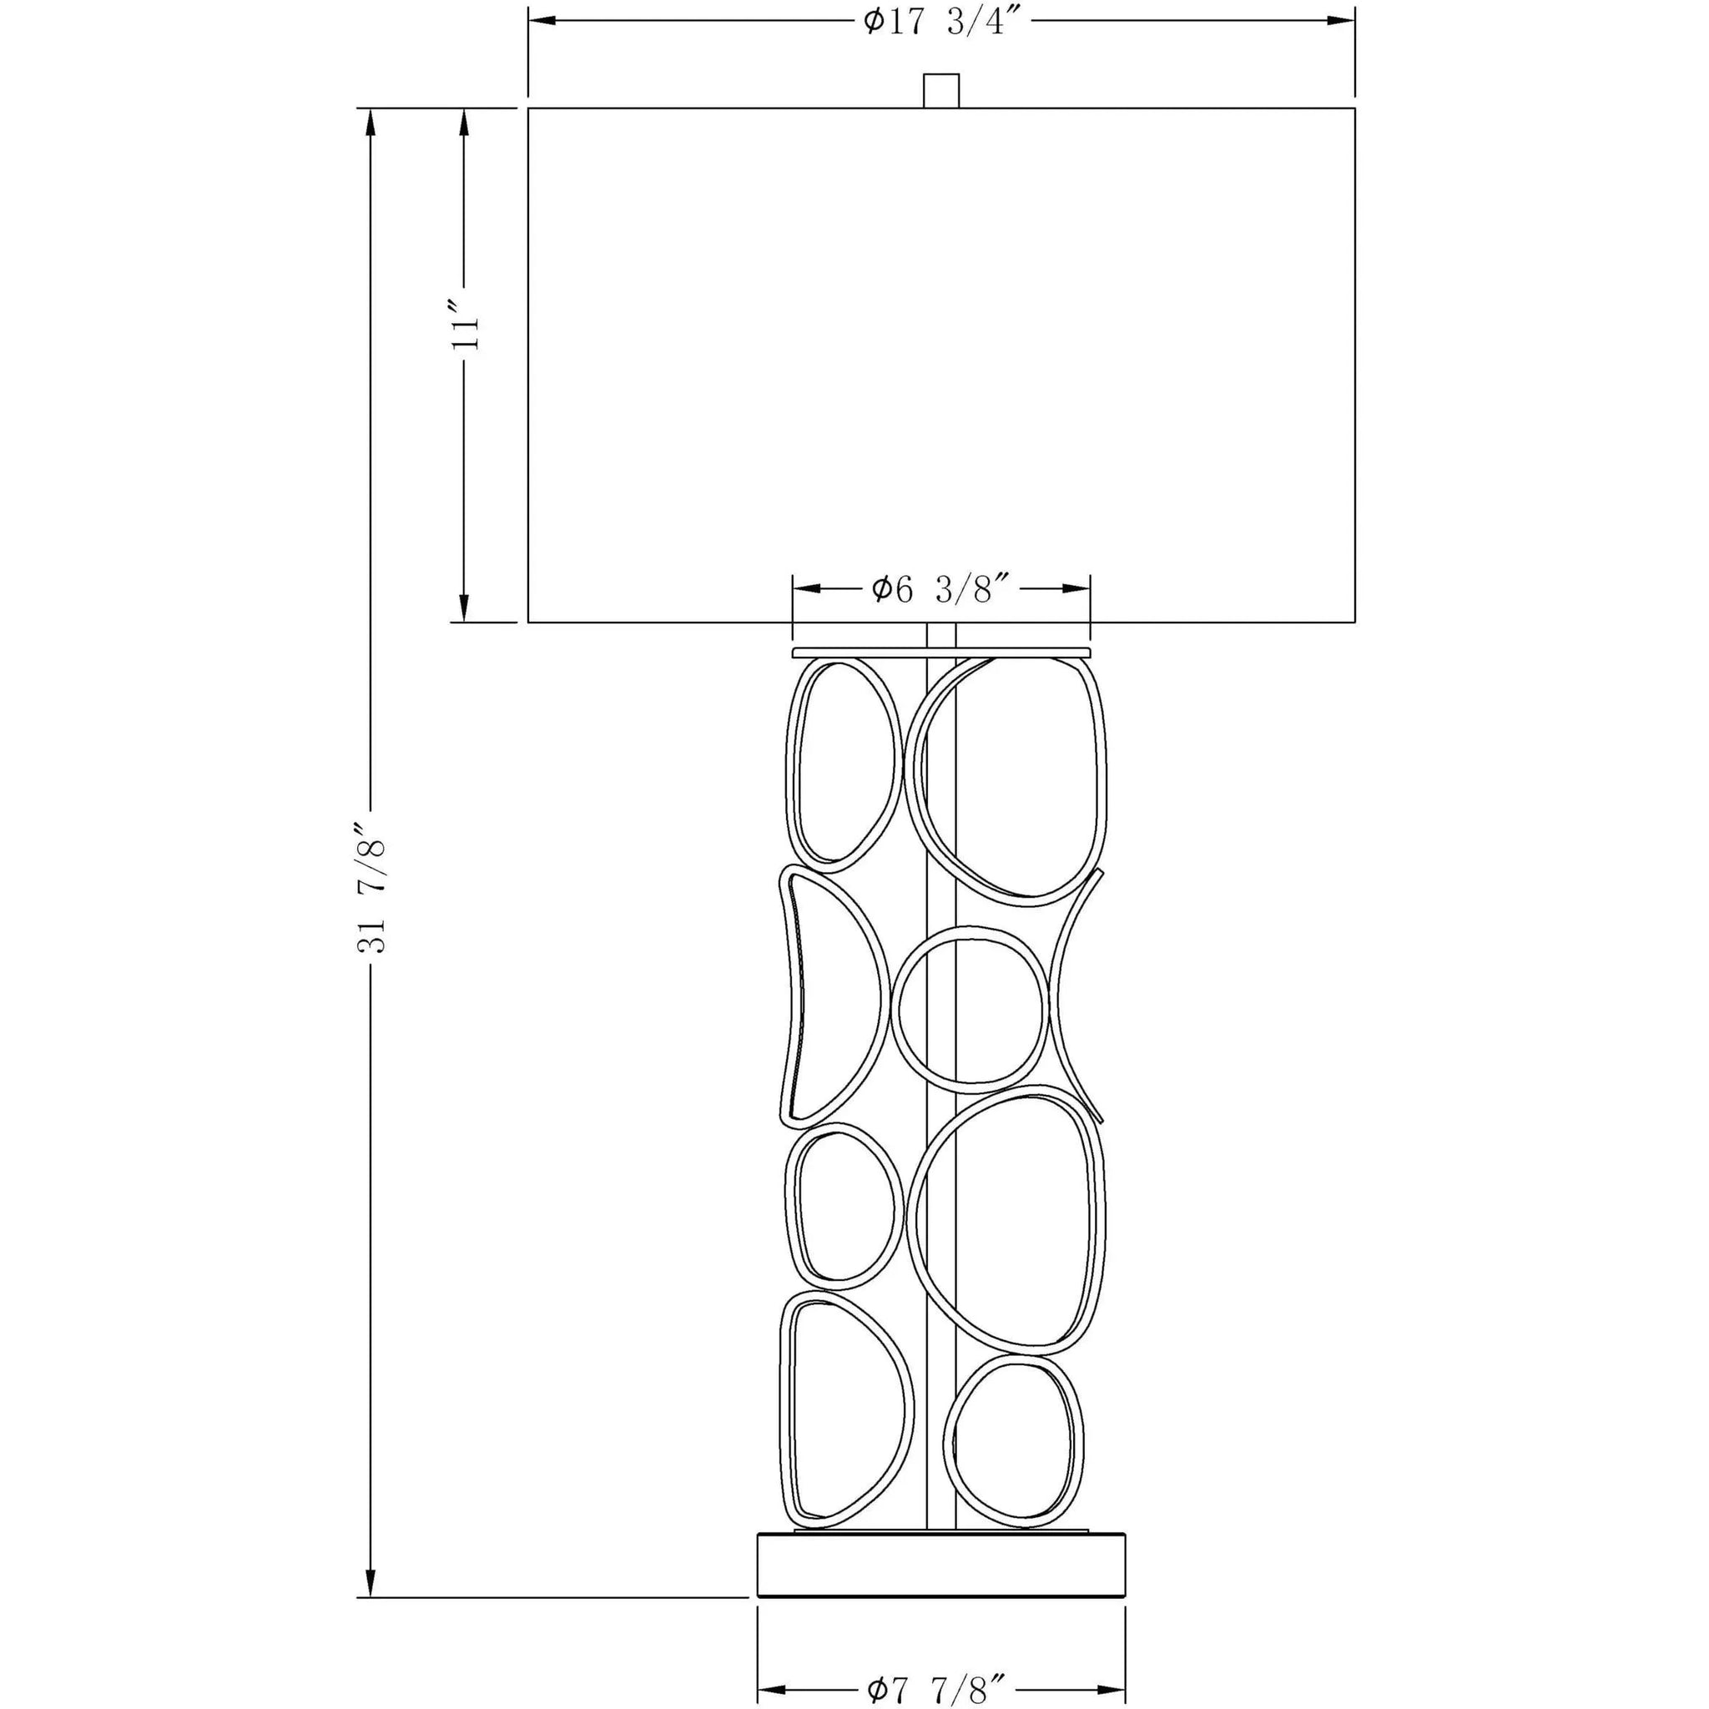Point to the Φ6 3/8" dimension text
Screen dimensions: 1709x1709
pos(941,588)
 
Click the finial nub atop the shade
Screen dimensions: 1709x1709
pos(941,90)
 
